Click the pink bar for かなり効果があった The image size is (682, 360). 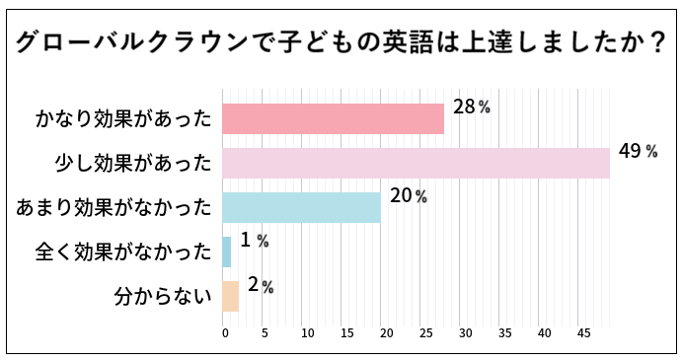point(334,118)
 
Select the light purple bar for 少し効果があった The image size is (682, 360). point(416,163)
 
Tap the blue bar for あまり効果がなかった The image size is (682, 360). point(302,207)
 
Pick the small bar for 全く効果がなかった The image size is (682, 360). point(227,252)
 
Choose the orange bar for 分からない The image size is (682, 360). point(231,296)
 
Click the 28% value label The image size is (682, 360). point(471,107)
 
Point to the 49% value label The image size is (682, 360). point(638,151)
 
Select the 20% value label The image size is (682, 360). point(408,195)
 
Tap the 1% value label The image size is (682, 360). point(254,240)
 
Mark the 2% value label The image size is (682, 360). point(260,285)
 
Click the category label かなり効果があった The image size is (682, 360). point(123,119)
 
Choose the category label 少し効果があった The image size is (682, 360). point(133,164)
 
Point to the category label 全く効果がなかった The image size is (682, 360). point(123,252)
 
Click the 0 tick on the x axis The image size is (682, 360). point(225,332)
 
